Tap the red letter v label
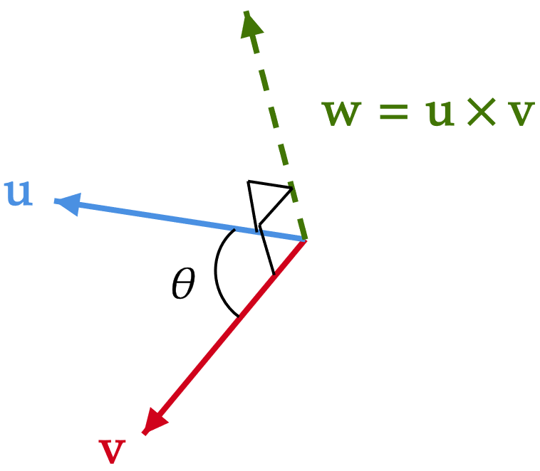coord(112,450)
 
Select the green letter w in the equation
coord(342,113)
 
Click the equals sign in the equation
coord(393,114)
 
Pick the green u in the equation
coord(440,113)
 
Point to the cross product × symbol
coord(481,113)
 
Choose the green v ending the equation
coord(520,113)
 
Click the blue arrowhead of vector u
coord(68,203)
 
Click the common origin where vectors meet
coord(305,239)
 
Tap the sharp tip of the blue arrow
coord(54,201)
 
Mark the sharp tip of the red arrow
coord(144,434)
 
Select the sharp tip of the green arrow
coord(246,10)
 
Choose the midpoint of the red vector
coord(224,337)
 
